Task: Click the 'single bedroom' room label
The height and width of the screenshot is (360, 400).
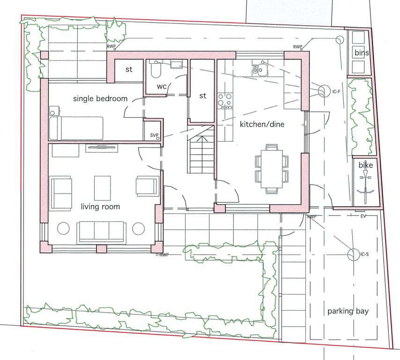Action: click(x=100, y=98)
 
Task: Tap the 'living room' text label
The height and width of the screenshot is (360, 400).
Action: click(x=100, y=206)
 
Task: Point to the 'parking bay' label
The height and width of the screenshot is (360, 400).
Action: click(x=348, y=311)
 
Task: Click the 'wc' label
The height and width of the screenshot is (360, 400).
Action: click(x=162, y=86)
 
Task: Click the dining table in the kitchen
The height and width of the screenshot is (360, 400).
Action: click(x=272, y=169)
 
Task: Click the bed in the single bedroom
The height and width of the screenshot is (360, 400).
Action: click(x=76, y=128)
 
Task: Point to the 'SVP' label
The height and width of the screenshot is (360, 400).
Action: click(x=154, y=135)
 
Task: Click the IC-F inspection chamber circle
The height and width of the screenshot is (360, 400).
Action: click(x=324, y=91)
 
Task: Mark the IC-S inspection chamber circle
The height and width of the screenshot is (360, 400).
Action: click(x=354, y=255)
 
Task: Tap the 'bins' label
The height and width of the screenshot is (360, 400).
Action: click(x=362, y=52)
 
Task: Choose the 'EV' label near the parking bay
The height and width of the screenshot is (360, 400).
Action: click(x=363, y=216)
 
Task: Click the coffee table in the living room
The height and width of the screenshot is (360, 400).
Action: click(x=103, y=188)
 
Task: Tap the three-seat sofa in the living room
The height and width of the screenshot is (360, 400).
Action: click(x=102, y=232)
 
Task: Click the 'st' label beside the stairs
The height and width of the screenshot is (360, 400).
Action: click(x=202, y=96)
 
